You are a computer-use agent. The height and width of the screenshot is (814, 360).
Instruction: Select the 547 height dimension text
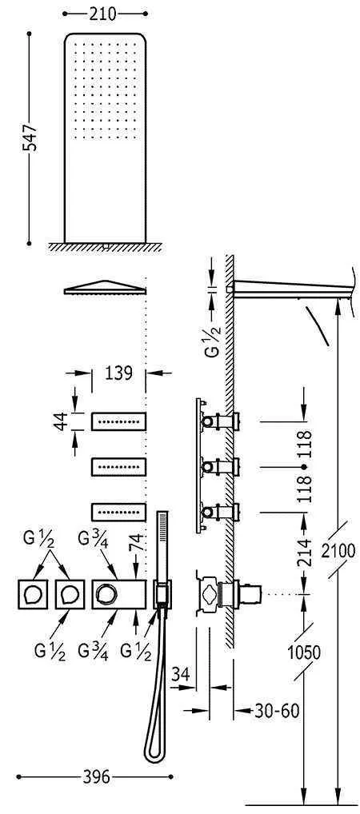tap(31, 138)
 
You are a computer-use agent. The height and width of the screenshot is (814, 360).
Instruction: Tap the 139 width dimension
tap(118, 373)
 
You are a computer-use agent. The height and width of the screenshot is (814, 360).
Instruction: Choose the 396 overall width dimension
tap(96, 776)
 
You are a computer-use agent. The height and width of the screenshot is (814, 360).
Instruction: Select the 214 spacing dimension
tap(305, 553)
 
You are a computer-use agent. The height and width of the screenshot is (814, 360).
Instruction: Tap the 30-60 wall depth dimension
tap(277, 711)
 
